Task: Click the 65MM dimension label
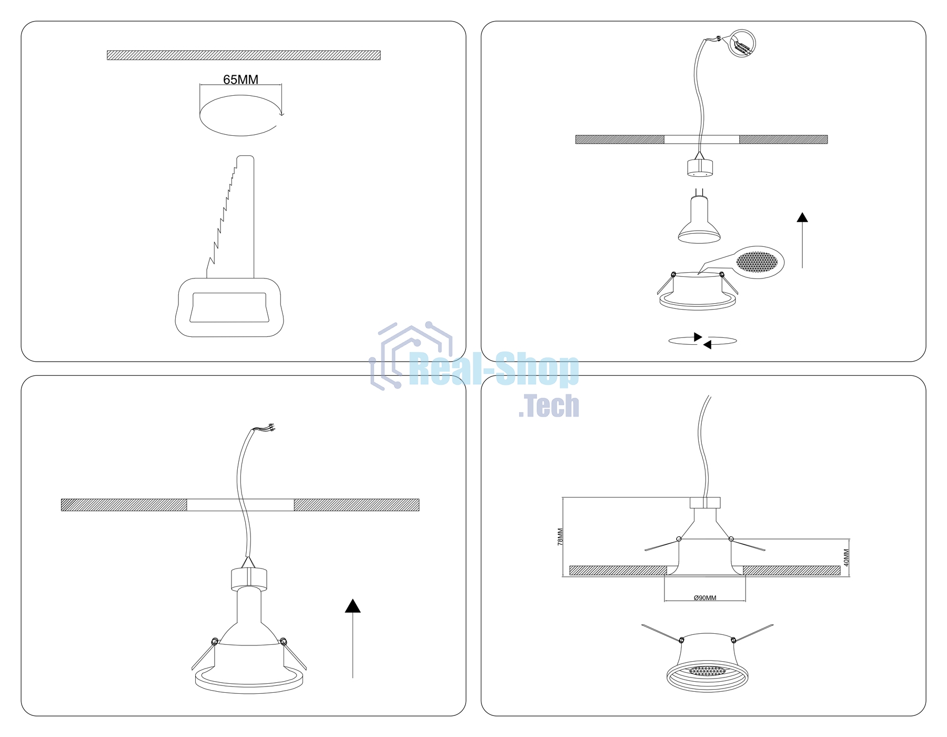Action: pos(240,79)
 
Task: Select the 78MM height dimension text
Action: pos(560,536)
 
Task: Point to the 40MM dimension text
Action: pos(847,557)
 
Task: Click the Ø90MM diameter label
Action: pos(705,598)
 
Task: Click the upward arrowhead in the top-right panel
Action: pos(802,217)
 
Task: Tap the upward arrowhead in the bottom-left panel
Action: pos(353,606)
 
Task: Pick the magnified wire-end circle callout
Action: pos(742,44)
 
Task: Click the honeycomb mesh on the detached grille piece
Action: pos(757,262)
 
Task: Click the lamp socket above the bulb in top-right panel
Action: pos(700,168)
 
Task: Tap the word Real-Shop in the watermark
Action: pos(494,370)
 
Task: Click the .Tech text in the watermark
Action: pos(549,406)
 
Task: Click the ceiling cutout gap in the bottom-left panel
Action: pos(240,505)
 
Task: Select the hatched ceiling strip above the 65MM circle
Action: pos(244,55)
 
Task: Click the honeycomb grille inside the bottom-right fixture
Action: pos(708,671)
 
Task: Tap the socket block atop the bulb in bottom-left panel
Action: pos(249,579)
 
